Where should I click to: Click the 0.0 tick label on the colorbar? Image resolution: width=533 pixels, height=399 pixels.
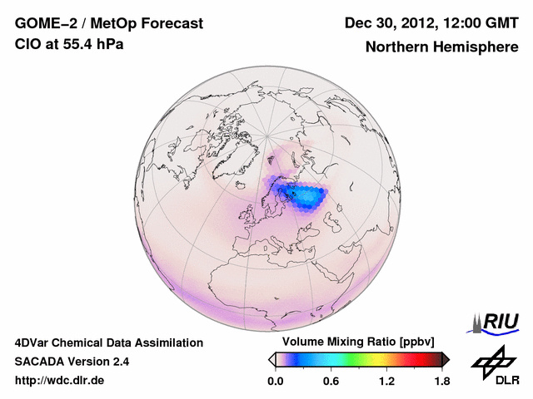(276, 382)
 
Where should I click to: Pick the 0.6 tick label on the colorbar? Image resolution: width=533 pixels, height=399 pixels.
(331, 382)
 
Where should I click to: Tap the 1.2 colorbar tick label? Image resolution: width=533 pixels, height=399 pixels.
(386, 382)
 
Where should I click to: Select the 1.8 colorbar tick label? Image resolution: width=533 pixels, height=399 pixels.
(441, 382)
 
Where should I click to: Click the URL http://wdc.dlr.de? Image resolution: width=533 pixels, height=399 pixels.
(60, 381)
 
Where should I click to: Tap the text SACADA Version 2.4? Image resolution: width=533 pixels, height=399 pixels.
(72, 362)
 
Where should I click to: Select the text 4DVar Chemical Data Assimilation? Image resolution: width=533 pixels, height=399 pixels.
(108, 342)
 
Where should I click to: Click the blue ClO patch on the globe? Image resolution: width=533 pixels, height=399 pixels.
(304, 197)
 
